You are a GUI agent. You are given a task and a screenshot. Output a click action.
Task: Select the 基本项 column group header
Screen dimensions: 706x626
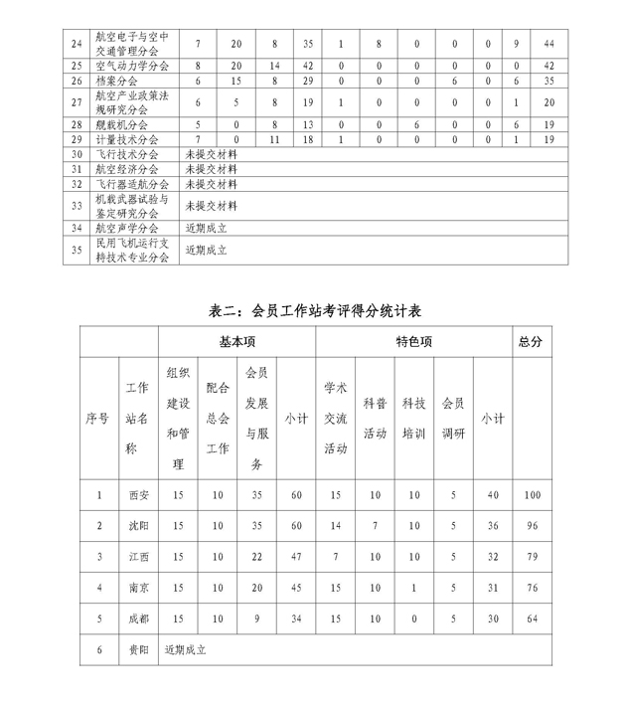(x=236, y=341)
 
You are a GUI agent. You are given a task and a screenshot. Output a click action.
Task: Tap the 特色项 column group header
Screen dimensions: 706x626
(x=413, y=341)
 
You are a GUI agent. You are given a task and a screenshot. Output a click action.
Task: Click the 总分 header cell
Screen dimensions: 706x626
(x=531, y=341)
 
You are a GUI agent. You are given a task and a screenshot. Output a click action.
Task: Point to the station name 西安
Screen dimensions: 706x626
(x=137, y=494)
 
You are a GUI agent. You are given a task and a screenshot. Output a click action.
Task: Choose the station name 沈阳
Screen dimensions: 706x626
(x=137, y=525)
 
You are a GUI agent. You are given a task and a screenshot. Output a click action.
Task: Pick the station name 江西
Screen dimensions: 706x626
(x=137, y=556)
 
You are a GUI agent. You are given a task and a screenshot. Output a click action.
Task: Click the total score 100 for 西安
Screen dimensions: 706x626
(x=531, y=494)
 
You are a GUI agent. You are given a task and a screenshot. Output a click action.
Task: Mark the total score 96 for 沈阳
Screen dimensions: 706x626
(x=531, y=525)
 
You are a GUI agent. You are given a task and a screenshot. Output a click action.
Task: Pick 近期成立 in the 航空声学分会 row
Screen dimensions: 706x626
(x=206, y=228)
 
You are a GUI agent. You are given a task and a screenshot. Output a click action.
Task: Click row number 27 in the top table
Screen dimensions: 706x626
(x=77, y=102)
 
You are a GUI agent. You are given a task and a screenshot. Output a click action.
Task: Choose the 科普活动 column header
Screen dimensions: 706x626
(x=375, y=419)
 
